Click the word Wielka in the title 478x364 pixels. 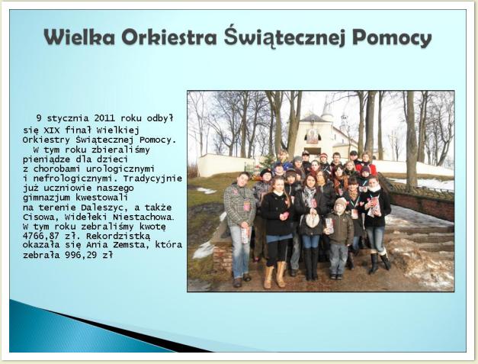(x=79, y=37)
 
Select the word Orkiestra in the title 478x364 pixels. (x=169, y=37)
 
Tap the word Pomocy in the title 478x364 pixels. (x=392, y=38)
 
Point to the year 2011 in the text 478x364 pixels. (x=104, y=118)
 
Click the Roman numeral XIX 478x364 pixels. (x=52, y=130)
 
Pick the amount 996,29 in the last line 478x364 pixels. (x=81, y=255)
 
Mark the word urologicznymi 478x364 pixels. (x=120, y=169)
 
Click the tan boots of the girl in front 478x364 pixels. (x=275, y=275)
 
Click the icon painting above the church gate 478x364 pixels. (x=312, y=136)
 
